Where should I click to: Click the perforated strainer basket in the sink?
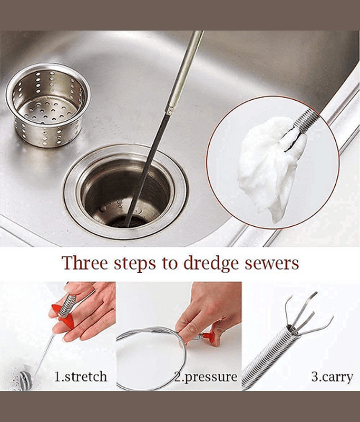coord(48,105)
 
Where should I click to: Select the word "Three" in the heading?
coord(85,263)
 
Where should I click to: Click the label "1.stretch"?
coord(81,376)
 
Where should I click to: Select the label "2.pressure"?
coord(206,377)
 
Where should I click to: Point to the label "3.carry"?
coord(332,377)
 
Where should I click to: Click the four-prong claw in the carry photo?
coord(309,315)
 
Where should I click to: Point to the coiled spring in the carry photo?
coord(269,358)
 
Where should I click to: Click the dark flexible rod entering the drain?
coord(147,167)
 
